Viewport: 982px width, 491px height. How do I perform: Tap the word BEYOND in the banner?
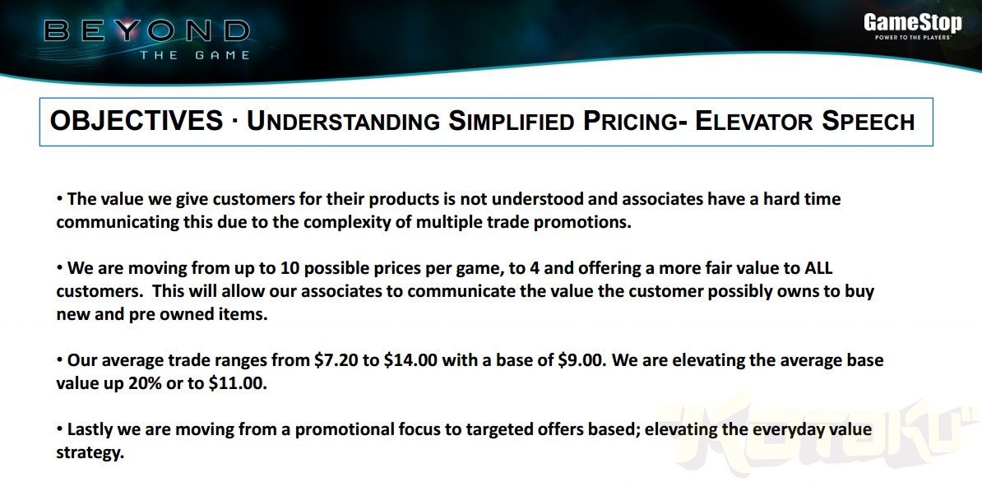(x=147, y=30)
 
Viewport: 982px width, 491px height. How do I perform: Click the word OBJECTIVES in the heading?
(x=137, y=121)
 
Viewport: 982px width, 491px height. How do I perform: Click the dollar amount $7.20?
(x=333, y=361)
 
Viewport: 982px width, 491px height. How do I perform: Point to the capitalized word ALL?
(x=818, y=269)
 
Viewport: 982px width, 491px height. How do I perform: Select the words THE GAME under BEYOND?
(x=195, y=55)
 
